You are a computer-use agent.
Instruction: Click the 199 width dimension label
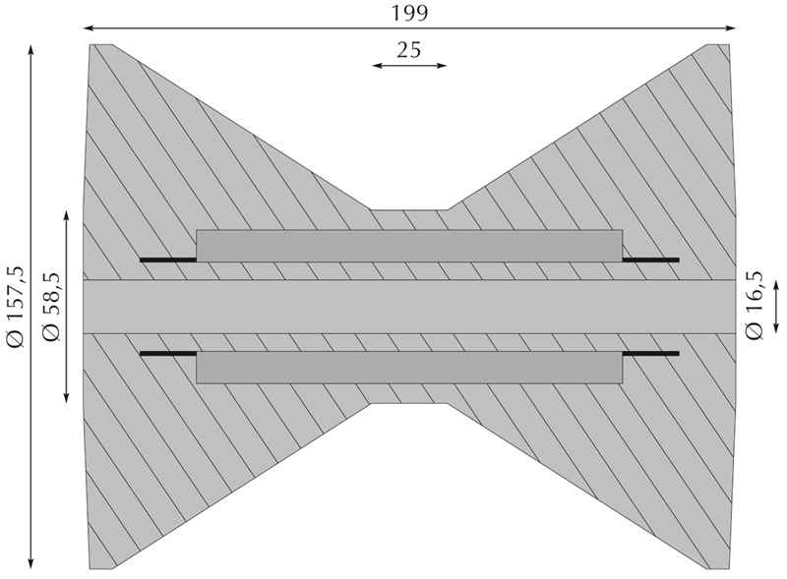[409, 13]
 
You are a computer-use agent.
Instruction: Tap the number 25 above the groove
[409, 50]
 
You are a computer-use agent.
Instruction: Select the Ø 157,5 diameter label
[16, 306]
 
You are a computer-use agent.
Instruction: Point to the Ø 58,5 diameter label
[52, 307]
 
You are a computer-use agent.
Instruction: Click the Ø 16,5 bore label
[755, 306]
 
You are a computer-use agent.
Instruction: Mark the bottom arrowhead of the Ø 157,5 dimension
[30, 563]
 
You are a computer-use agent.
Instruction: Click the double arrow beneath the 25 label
[409, 65]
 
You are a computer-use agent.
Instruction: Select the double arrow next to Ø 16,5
[776, 306]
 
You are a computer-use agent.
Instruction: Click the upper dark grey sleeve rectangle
[409, 246]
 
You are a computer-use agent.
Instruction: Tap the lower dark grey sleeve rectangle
[409, 368]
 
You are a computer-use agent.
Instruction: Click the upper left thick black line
[167, 260]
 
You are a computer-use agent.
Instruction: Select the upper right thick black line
[651, 260]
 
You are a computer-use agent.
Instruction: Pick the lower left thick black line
[167, 353]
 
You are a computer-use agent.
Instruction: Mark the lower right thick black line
[651, 353]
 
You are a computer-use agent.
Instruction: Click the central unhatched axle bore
[409, 307]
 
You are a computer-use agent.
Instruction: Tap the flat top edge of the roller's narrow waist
[409, 209]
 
